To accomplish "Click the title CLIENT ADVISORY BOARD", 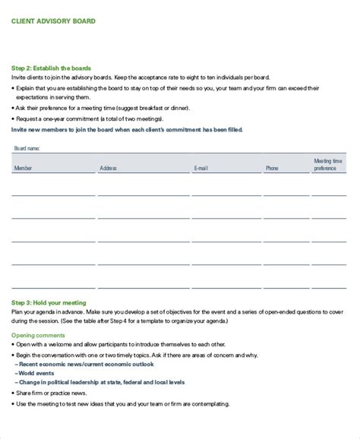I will coord(53,21).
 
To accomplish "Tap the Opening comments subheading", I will coord(38,314).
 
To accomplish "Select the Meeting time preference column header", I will coord(329,165).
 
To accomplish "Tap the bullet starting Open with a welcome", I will coord(114,323).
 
